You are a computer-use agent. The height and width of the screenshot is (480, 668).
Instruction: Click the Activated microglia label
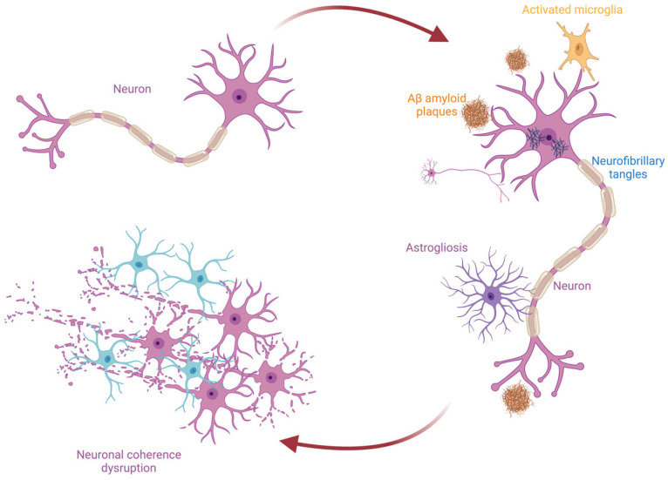click(572, 10)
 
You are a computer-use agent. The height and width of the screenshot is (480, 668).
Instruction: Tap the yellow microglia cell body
click(578, 48)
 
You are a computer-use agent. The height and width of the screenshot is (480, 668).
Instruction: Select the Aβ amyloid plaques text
click(437, 105)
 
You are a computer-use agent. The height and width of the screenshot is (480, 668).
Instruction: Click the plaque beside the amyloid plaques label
click(476, 113)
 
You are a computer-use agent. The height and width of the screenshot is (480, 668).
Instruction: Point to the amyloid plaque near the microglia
click(517, 60)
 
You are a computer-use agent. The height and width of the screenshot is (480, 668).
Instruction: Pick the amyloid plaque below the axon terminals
click(518, 399)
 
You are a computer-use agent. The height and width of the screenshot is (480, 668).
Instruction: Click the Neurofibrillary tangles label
click(628, 167)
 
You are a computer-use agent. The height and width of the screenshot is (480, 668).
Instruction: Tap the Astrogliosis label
click(437, 247)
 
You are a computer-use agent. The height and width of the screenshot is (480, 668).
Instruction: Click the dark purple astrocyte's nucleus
click(491, 295)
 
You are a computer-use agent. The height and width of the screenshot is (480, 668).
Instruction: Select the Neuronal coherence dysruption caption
click(129, 462)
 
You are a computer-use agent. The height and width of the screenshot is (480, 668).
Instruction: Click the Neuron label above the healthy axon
click(132, 89)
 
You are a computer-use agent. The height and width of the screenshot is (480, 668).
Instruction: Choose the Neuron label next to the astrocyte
click(572, 286)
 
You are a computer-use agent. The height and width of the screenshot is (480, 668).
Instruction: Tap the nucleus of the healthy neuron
click(240, 97)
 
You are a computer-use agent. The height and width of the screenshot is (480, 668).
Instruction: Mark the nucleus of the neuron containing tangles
click(549, 137)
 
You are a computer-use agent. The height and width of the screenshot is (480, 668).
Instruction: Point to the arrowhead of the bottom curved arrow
click(290, 443)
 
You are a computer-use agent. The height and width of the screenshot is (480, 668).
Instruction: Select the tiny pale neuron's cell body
click(431, 172)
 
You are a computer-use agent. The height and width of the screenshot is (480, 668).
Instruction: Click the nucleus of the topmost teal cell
click(139, 265)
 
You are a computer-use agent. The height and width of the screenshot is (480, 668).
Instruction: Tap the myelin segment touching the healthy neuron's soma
click(217, 138)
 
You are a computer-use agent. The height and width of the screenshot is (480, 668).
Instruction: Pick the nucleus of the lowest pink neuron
click(212, 394)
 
